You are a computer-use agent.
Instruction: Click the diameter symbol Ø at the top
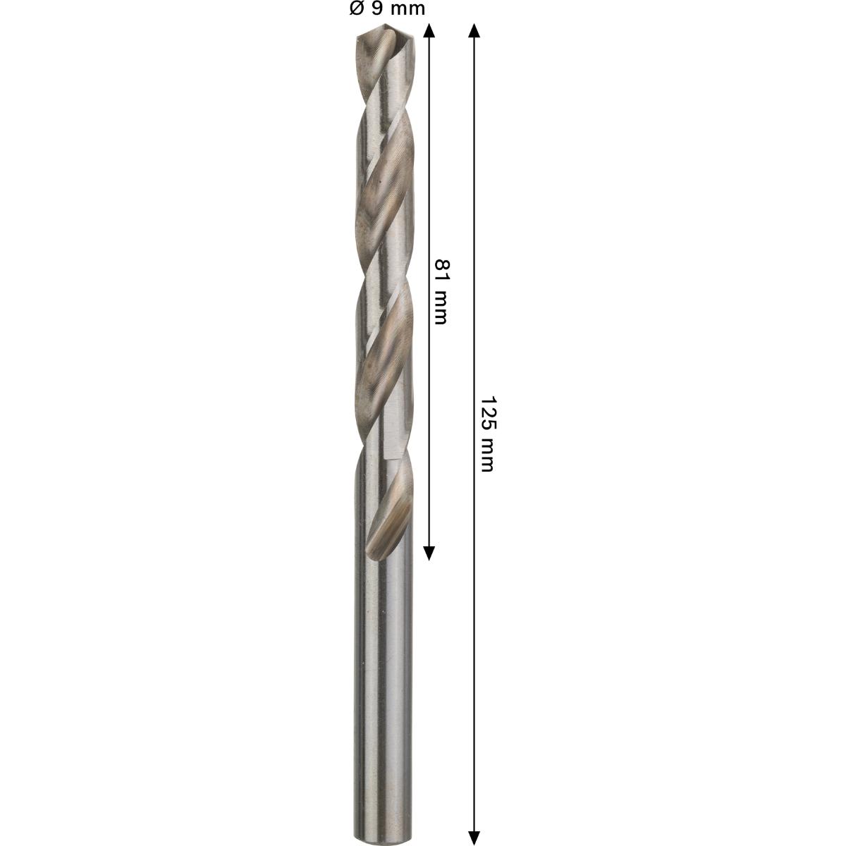(356, 9)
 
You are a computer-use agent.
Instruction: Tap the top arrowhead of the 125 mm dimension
(474, 30)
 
